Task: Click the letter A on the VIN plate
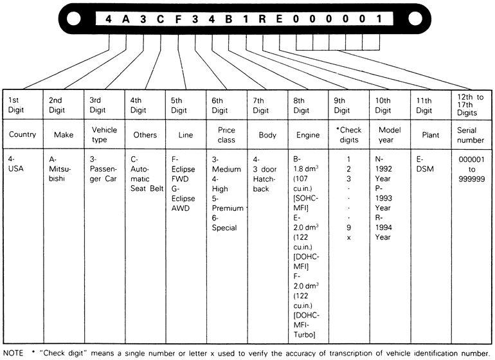(x=126, y=19)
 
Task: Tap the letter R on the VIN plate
(x=262, y=19)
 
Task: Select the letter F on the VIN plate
(x=177, y=19)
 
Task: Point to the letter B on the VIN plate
(x=228, y=19)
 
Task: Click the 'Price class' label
(x=226, y=134)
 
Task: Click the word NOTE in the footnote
(x=14, y=353)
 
